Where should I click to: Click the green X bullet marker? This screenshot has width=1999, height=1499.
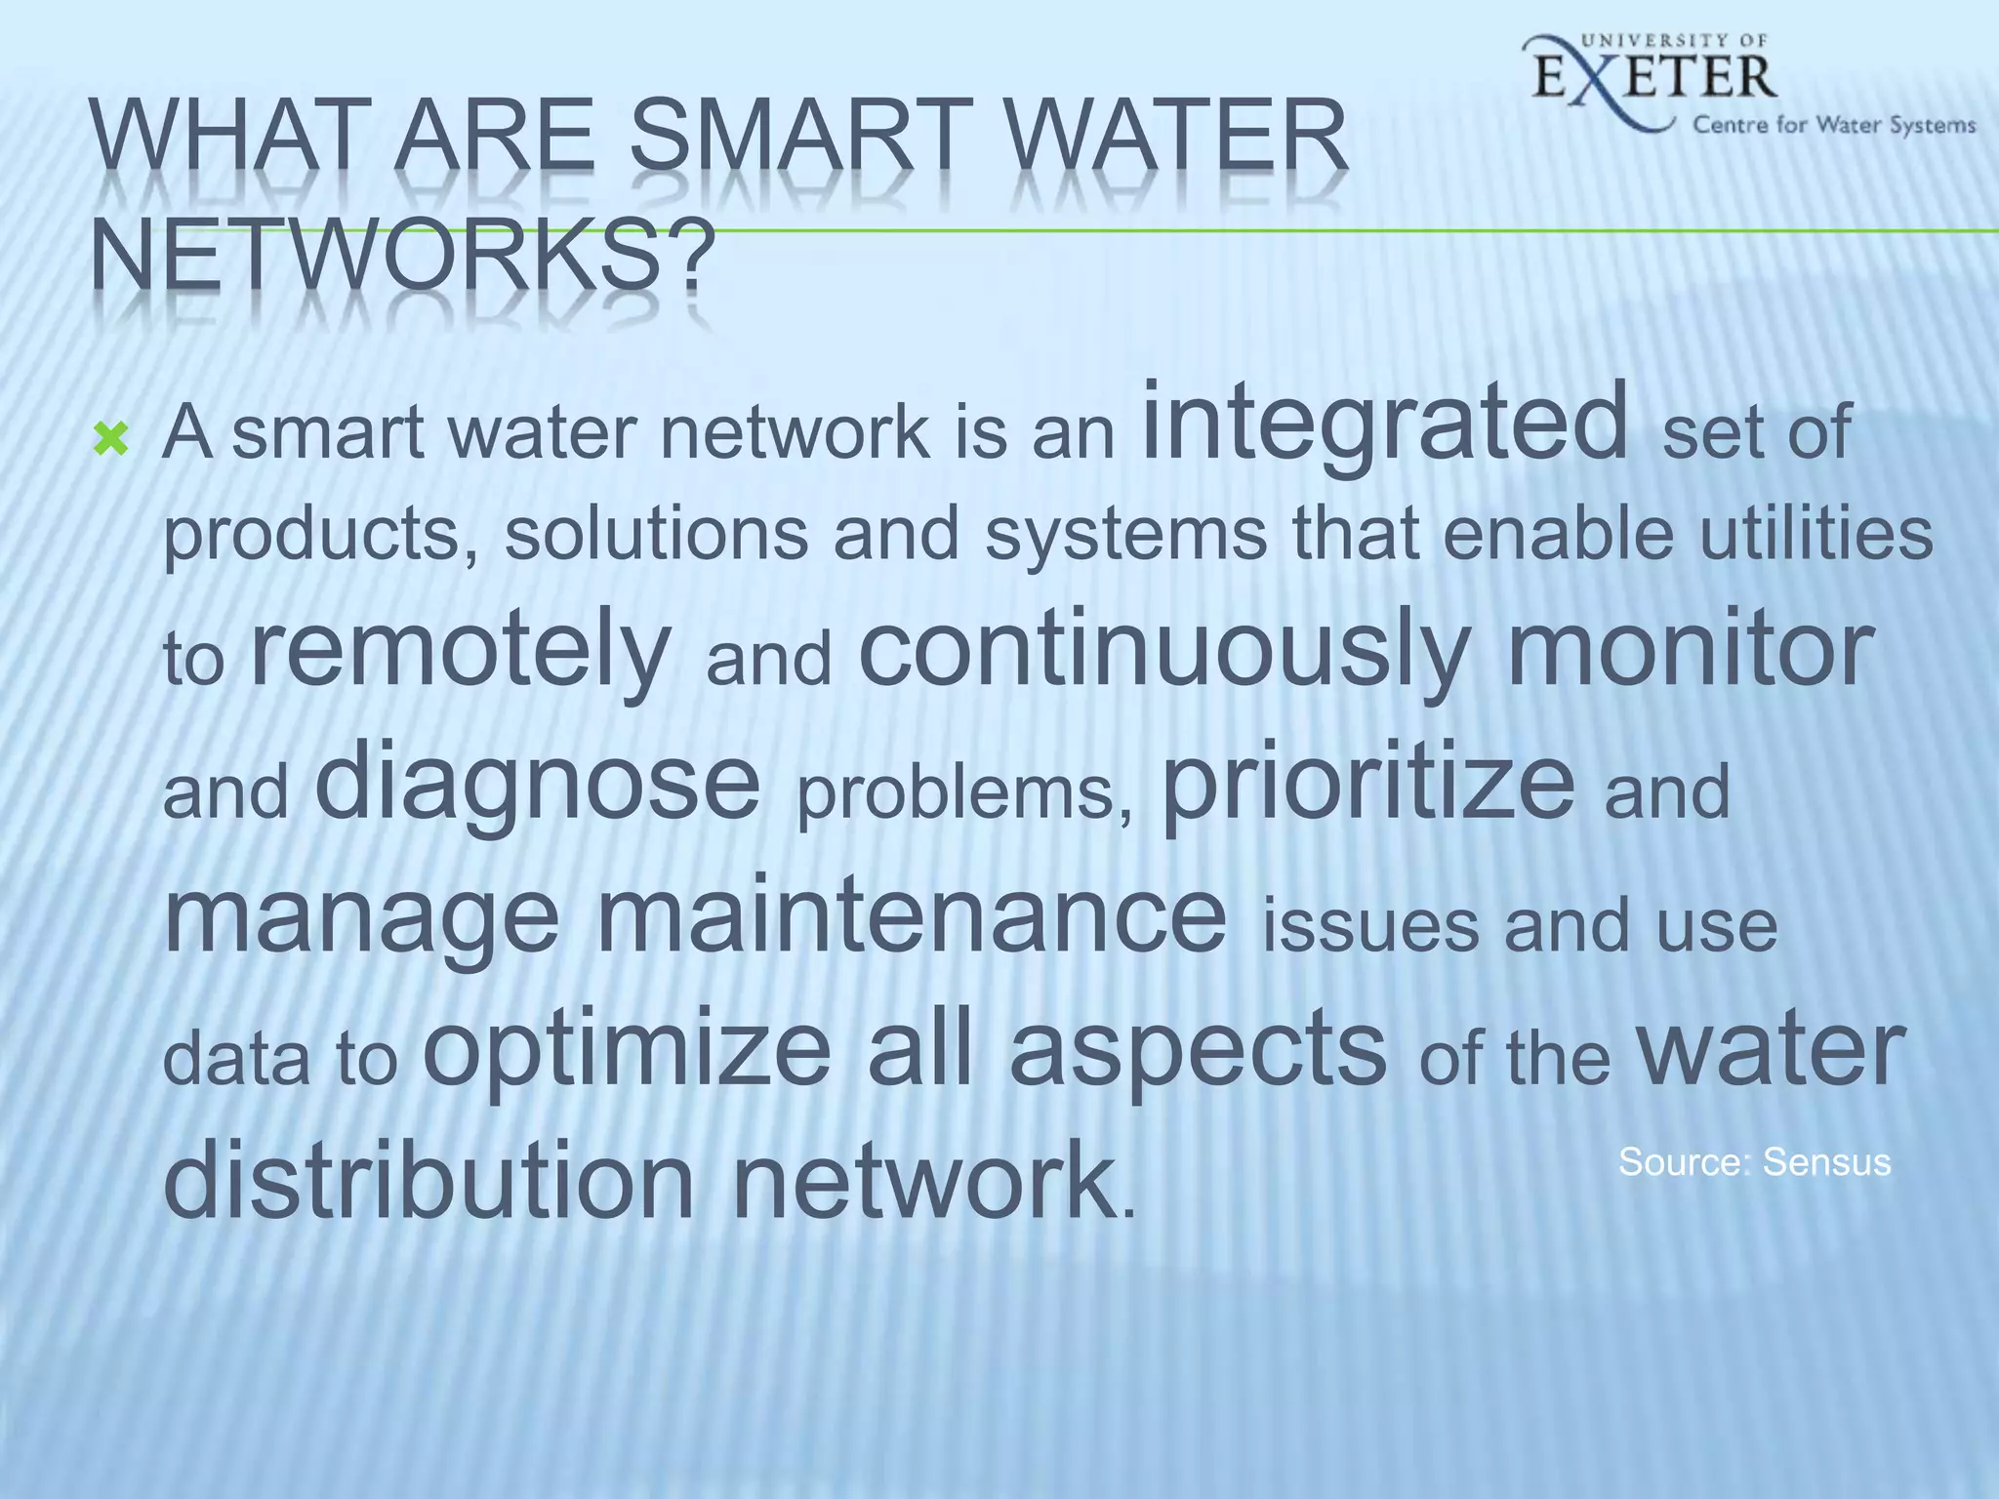coord(111,441)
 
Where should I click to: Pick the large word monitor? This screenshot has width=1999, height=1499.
coord(1691,649)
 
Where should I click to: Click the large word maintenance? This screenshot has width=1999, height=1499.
coord(910,917)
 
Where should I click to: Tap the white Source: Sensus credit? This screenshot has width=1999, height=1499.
coord(1754,1162)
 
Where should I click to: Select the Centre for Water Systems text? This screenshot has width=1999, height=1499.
coord(1834,125)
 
